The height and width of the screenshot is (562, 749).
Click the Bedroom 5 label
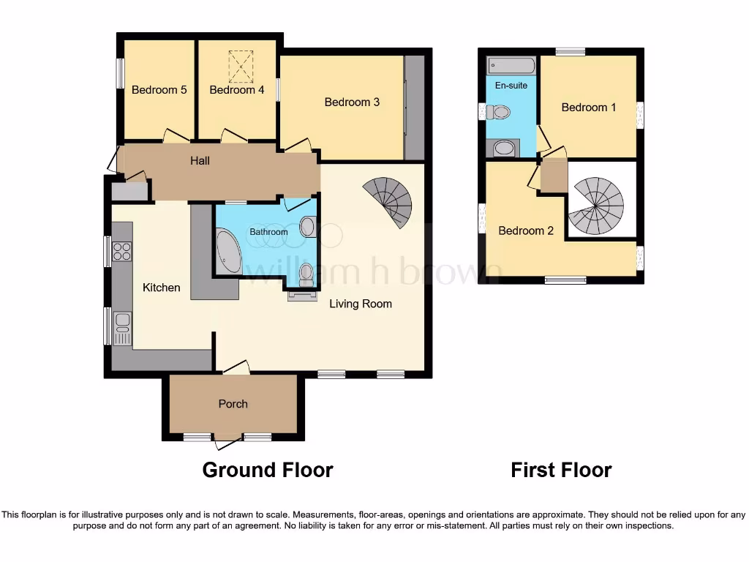point(159,90)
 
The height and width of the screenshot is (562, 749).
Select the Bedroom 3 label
point(352,102)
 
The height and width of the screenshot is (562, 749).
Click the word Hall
point(200,160)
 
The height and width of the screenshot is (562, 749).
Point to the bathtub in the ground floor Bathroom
point(229,252)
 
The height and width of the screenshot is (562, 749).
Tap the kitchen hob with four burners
point(121,252)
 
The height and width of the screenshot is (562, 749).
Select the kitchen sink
point(121,325)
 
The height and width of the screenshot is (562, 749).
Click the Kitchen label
point(161,288)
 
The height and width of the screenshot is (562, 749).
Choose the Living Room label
point(360,304)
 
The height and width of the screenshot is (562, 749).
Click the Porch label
point(233,404)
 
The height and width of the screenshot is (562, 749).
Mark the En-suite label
point(511,86)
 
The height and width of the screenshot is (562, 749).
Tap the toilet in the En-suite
point(500,113)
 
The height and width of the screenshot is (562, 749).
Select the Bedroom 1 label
point(588,108)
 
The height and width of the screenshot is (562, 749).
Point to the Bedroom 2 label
point(526,231)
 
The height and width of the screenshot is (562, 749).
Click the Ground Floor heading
point(267,470)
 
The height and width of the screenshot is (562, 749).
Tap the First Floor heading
point(561,470)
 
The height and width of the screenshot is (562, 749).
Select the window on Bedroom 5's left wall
point(119,73)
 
